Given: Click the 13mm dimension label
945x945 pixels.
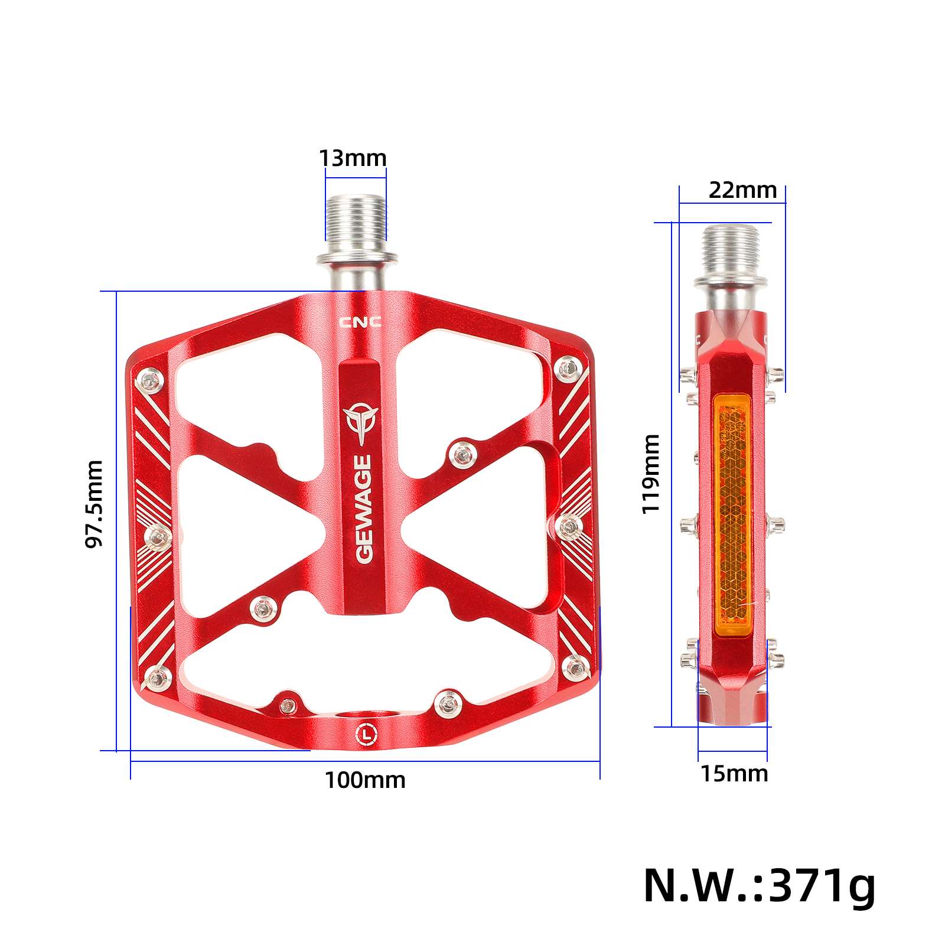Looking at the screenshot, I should click(353, 158).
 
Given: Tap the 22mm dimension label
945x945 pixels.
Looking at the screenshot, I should click(742, 190).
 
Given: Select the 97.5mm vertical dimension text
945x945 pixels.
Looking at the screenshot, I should click(94, 504).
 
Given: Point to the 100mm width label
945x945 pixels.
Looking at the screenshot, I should click(365, 780).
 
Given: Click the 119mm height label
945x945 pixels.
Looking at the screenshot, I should click(651, 474).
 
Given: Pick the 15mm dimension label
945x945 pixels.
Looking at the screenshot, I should click(734, 774).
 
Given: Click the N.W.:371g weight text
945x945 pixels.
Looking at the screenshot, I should click(759, 885).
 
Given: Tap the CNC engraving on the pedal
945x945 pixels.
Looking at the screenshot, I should click(360, 322).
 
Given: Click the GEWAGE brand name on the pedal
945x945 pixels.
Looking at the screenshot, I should click(363, 508).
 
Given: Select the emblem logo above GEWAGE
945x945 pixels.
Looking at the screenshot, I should click(360, 422).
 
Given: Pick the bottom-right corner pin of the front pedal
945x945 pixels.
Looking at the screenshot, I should click(575, 669).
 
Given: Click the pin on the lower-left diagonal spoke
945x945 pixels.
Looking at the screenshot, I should click(262, 608).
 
